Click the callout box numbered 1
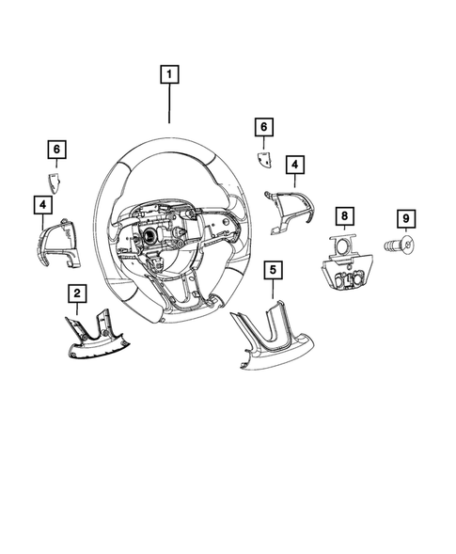click(169, 73)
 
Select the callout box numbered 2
click(77, 294)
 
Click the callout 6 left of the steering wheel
click(56, 150)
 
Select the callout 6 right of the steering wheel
click(264, 126)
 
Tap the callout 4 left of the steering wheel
click(42, 203)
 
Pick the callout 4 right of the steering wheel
click(295, 166)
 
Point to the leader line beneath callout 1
click(169, 105)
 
